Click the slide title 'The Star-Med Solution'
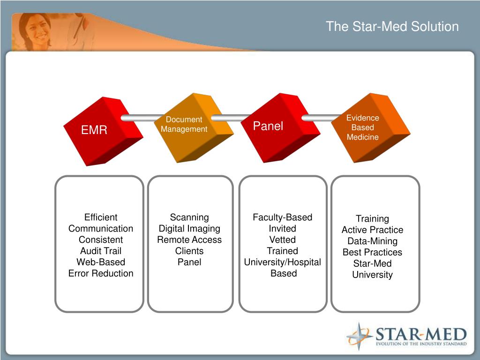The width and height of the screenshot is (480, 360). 392,26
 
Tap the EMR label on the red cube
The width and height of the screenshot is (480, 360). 94,130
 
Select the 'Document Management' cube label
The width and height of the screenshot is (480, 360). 184,124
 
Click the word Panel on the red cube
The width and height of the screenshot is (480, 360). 268,126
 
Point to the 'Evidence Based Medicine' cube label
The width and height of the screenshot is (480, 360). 362,127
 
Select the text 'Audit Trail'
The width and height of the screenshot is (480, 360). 101,251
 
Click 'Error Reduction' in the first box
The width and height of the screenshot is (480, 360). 101,273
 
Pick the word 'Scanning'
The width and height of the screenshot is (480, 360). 189,217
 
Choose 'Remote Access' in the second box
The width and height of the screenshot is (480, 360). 189,240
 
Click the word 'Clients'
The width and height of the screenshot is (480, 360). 189,251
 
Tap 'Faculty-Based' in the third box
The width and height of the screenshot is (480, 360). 282,217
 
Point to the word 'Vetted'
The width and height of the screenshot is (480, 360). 282,240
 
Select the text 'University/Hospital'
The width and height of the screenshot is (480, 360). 282,262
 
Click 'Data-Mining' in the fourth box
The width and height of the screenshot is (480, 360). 372,241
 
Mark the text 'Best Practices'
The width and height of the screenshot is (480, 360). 372,252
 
